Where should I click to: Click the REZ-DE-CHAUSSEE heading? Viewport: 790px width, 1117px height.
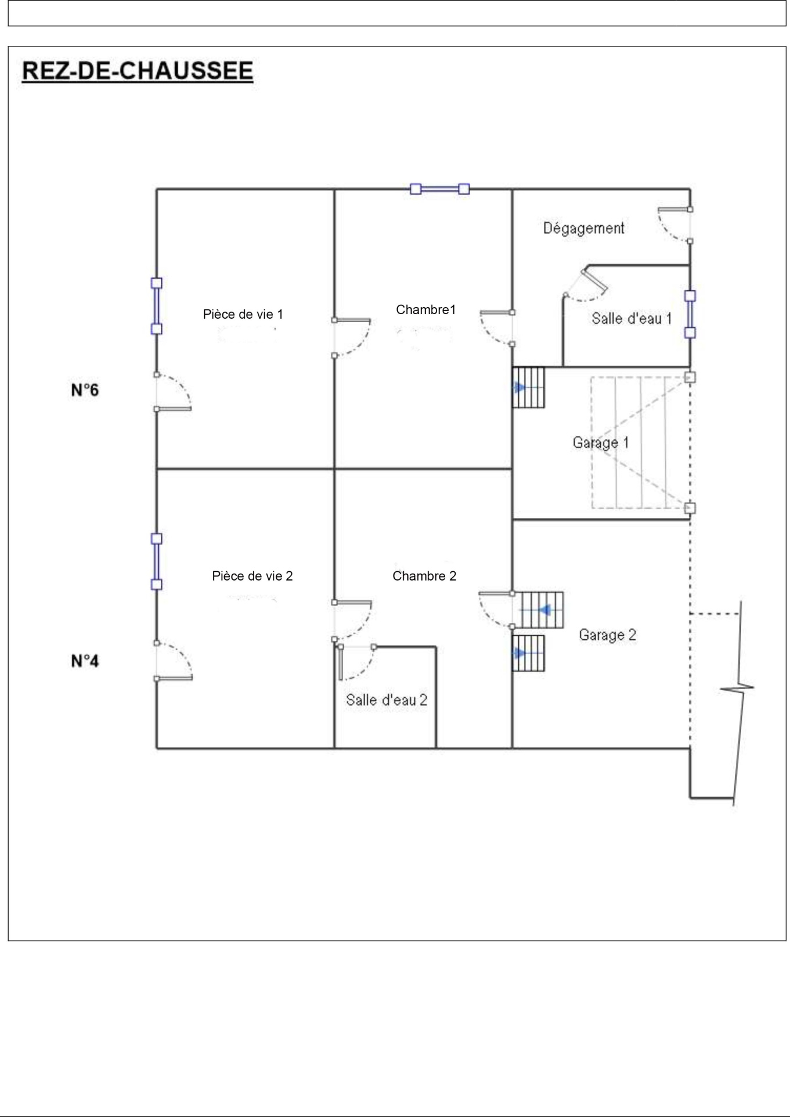138,71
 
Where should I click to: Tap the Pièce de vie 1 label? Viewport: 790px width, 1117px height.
243,314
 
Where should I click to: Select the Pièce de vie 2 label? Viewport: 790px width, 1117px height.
252,576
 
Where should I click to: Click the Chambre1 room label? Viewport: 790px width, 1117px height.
425,309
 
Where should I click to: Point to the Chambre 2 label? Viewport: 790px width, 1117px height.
424,576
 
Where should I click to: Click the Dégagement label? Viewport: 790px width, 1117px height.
583,228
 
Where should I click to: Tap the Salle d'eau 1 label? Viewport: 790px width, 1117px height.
632,318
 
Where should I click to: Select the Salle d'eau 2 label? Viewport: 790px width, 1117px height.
387,700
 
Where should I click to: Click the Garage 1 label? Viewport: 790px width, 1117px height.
600,442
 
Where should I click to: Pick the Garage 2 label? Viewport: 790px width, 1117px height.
607,635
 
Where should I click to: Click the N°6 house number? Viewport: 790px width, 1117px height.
85,390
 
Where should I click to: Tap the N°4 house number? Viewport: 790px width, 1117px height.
85,661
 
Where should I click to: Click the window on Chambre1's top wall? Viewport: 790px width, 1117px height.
439,189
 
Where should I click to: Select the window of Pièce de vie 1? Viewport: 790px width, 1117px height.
156,306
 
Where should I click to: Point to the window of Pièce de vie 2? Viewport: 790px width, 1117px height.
156,561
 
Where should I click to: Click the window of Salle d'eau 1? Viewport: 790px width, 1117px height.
690,314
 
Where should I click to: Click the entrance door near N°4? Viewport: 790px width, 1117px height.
174,661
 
